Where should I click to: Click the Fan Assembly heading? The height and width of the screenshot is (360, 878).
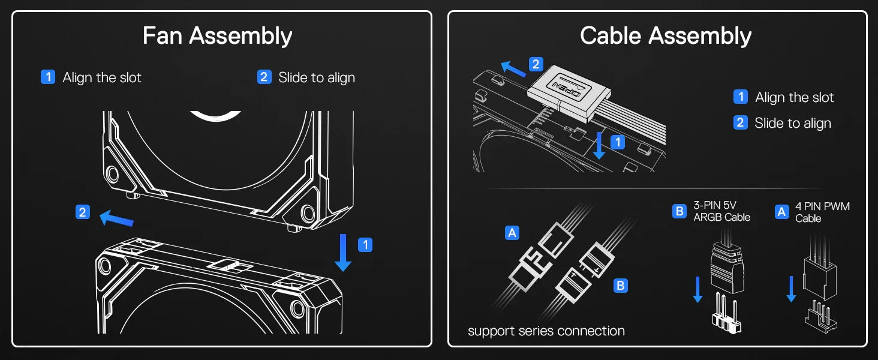point(217,36)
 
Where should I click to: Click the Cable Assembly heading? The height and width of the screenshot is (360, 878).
point(666,36)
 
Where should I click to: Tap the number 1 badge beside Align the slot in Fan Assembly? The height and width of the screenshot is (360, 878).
point(48,77)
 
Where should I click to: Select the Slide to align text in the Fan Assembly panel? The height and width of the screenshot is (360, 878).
point(316,77)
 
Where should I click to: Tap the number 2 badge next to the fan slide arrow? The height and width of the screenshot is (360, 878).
point(83,212)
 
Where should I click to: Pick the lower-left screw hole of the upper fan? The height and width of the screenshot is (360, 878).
point(112,174)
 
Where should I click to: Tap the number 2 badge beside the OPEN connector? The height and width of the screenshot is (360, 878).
point(536,64)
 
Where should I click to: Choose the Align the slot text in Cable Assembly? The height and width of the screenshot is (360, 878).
point(794,97)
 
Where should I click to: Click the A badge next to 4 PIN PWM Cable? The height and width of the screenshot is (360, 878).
point(781,212)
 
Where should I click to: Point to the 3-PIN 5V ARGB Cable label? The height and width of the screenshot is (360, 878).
point(721,211)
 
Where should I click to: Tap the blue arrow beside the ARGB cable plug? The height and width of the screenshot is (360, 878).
point(697,289)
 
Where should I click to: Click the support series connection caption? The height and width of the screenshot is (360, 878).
point(546,331)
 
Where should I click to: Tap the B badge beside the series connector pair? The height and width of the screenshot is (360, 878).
point(621,286)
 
